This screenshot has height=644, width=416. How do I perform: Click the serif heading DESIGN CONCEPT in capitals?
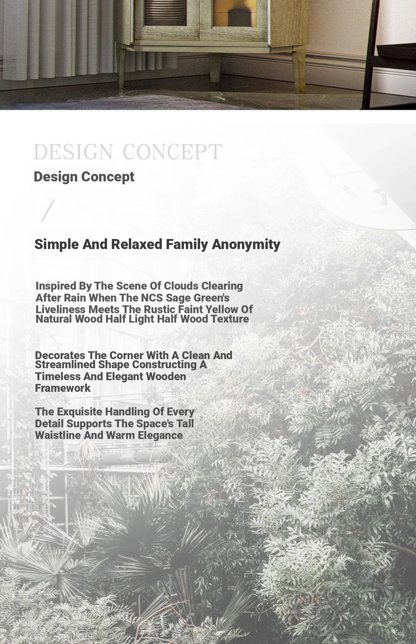pyautogui.click(x=128, y=152)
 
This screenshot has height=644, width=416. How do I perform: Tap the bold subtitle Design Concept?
pyautogui.click(x=84, y=177)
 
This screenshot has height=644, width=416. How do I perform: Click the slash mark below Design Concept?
pyautogui.click(x=48, y=211)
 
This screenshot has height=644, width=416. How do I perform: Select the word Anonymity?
pyautogui.click(x=246, y=244)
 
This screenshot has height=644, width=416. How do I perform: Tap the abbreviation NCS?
pyautogui.click(x=152, y=298)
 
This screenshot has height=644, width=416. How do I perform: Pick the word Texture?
pyautogui.click(x=230, y=319)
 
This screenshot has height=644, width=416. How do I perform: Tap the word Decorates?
pyautogui.click(x=60, y=355)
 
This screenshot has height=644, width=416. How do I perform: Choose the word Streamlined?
pyautogui.click(x=65, y=365)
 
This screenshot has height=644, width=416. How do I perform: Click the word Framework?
pyautogui.click(x=63, y=388)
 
